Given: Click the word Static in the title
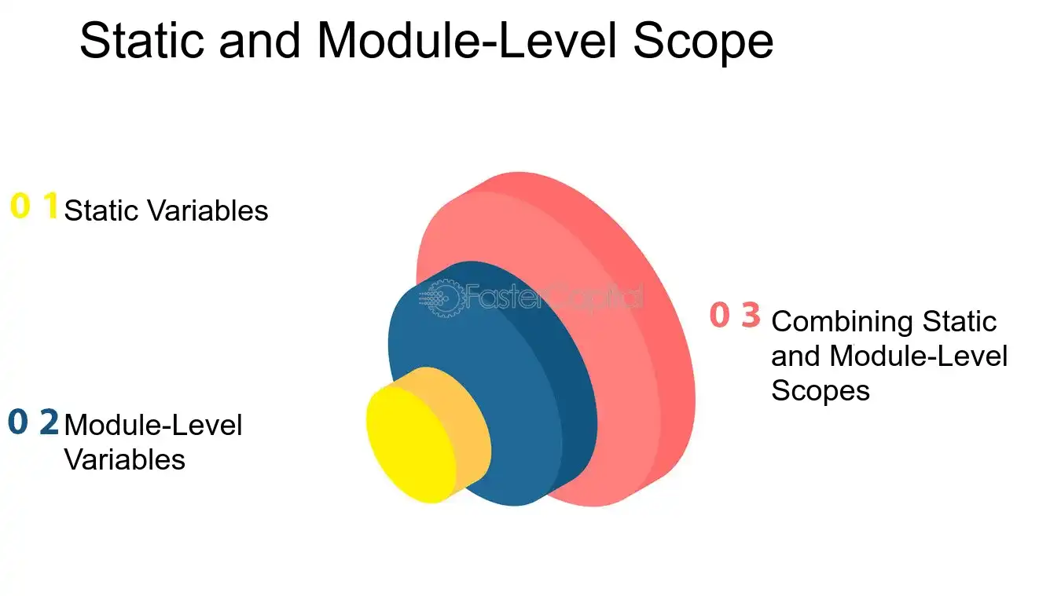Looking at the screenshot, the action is pos(141,41).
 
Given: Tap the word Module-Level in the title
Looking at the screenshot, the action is pos(467,41).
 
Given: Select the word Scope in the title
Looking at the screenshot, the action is pos(703,43).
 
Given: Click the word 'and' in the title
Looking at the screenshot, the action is pos(259,41).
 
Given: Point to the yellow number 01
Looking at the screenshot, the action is pos(35,206).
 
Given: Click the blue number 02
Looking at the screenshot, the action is pos(33,422).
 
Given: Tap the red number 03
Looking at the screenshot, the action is pos(735,315).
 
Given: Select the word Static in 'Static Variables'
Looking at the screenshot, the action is pos(101,210).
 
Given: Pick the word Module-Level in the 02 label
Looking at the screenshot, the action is pos(153,425).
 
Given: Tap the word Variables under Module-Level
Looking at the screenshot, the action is pos(125,459).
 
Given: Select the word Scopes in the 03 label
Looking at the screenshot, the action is pos(821,390).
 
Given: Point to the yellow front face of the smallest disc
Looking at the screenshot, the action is pos(410,444).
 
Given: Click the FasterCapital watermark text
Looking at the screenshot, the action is pos(554,298).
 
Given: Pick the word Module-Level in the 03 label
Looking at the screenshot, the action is pos(919,356).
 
